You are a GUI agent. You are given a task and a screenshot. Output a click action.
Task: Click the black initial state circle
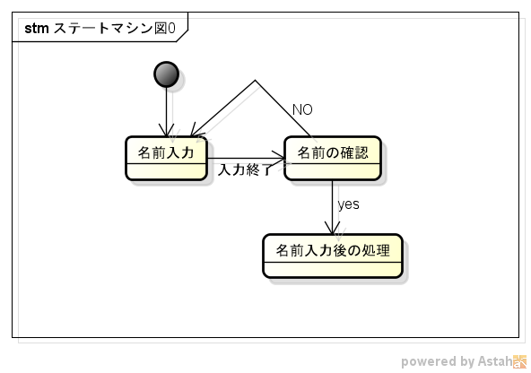click(x=166, y=74)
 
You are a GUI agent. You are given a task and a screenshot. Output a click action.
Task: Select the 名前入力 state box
click(x=166, y=158)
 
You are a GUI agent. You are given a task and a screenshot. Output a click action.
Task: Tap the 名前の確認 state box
click(x=332, y=158)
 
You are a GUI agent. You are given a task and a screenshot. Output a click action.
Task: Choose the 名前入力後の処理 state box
click(x=332, y=256)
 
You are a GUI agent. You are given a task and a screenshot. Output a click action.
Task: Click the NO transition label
click(x=302, y=109)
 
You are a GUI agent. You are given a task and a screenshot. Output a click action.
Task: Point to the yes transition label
click(x=348, y=204)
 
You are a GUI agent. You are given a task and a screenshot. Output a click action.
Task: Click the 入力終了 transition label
click(x=244, y=169)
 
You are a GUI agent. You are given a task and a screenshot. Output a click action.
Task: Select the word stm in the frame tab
click(x=36, y=29)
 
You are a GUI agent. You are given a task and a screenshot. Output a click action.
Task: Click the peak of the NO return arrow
click(x=256, y=82)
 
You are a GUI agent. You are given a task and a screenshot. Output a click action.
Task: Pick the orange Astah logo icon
click(x=520, y=361)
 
